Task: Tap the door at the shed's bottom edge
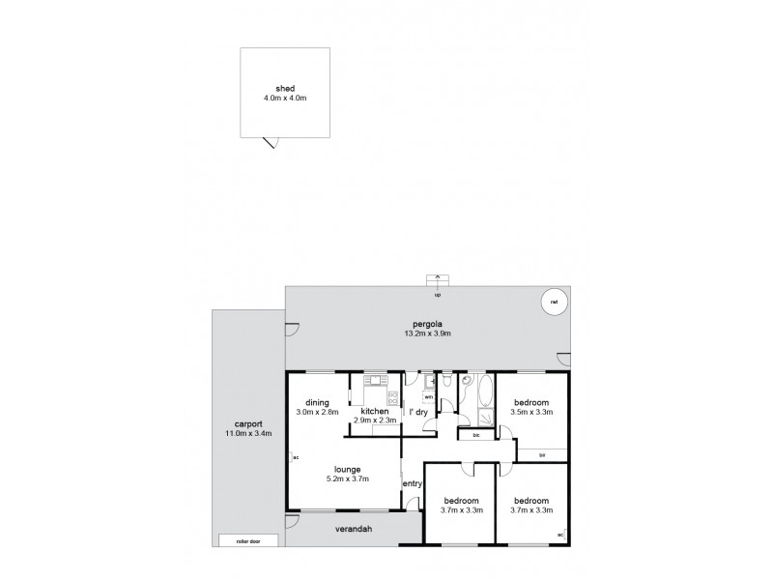(272, 142)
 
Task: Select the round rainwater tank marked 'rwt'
(554, 302)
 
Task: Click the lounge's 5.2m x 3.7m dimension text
(346, 478)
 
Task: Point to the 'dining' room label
(318, 402)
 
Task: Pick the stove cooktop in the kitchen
(392, 395)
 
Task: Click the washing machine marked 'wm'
(428, 397)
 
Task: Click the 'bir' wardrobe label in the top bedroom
(542, 453)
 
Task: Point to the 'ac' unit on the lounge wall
(295, 457)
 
